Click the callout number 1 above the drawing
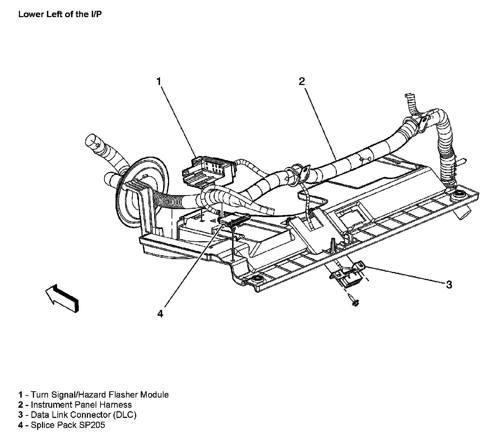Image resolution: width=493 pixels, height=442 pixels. point(159,81)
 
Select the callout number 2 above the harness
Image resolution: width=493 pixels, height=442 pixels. point(302,81)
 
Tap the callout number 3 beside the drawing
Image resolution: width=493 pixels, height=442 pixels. point(449,285)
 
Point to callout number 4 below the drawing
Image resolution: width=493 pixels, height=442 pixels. point(160,314)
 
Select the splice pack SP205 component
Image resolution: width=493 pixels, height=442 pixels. point(234,220)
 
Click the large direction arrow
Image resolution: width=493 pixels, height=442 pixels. point(62,298)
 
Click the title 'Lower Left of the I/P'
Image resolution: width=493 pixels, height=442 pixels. point(60,14)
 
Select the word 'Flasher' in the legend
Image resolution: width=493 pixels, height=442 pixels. point(123,395)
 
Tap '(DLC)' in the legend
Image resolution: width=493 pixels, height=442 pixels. point(125,415)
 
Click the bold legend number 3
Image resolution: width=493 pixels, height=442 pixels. point(21,415)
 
